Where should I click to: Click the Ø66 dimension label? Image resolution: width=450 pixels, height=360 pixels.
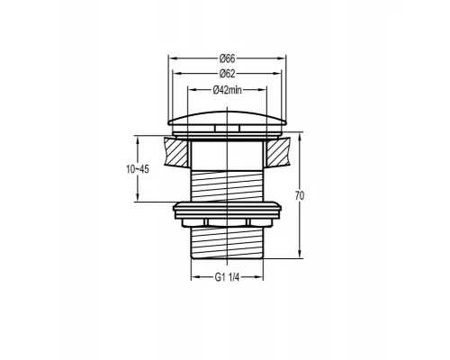pyautogui.click(x=227, y=58)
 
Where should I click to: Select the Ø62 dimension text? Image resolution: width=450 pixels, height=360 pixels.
pyautogui.click(x=227, y=74)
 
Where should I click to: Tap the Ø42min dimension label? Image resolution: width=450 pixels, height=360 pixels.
pyautogui.click(x=227, y=89)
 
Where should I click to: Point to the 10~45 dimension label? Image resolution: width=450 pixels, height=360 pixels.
pyautogui.click(x=138, y=169)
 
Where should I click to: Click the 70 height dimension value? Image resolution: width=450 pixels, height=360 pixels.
pyautogui.click(x=300, y=195)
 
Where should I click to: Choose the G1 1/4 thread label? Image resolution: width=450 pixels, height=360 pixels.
pyautogui.click(x=227, y=277)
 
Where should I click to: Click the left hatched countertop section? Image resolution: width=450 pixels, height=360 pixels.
pyautogui.click(x=176, y=152)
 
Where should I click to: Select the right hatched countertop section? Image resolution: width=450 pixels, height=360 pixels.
pyautogui.click(x=277, y=152)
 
